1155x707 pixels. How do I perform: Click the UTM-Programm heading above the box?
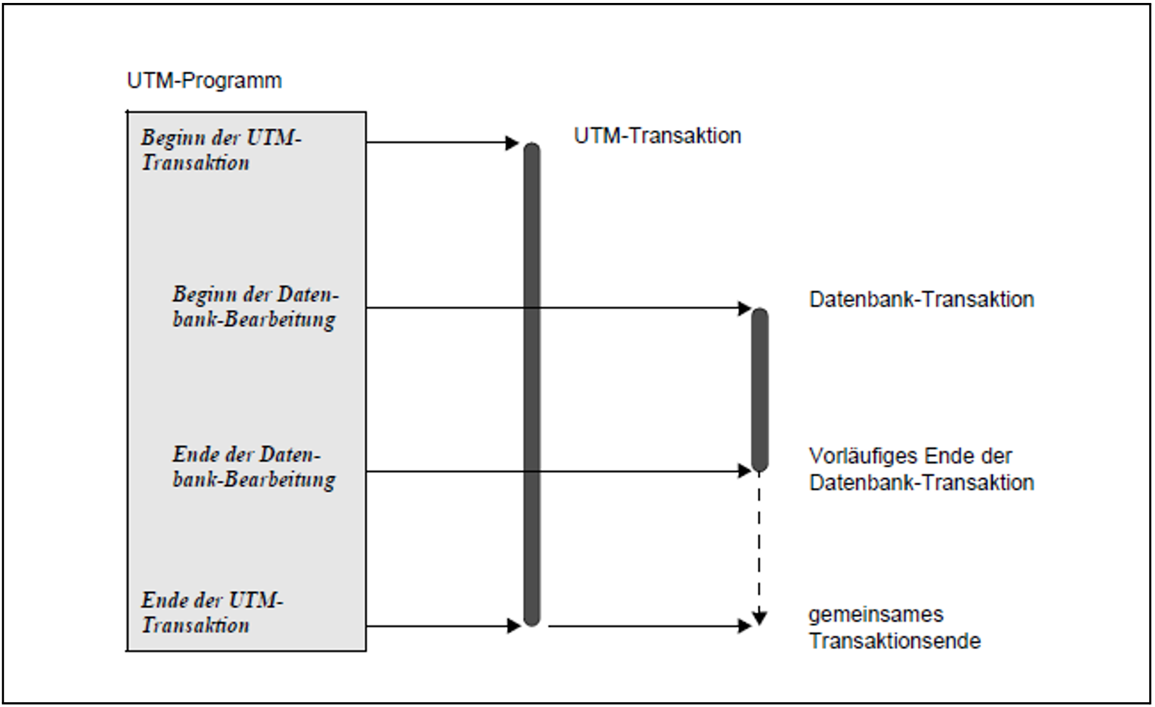[204, 81]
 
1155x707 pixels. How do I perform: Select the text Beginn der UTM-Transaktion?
[221, 150]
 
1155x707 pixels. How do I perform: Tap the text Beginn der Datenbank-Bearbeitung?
[255, 307]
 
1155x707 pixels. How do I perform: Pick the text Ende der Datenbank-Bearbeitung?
[254, 467]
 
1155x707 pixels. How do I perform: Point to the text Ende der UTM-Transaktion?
[212, 613]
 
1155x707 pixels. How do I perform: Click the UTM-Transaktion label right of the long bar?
[657, 136]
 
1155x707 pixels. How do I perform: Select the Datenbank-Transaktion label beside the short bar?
[921, 300]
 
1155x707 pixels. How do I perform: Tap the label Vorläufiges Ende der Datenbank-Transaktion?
[921, 469]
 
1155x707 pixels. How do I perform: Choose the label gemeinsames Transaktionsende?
[894, 628]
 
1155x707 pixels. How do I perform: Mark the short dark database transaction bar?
[760, 389]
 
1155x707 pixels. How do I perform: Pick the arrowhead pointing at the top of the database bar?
[745, 308]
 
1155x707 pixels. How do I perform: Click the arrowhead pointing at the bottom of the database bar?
[745, 472]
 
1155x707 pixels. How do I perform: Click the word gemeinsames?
[875, 614]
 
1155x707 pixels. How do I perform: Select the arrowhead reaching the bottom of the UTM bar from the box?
[513, 626]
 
